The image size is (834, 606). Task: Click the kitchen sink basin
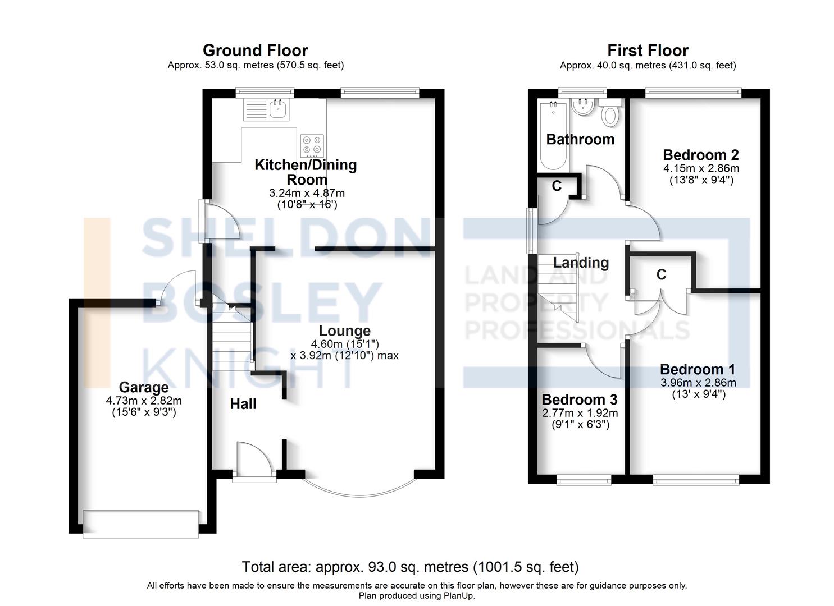pos(278,108)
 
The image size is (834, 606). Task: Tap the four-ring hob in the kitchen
pos(312,145)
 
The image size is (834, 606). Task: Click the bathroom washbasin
pos(583,107)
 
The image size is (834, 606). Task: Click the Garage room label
pos(144,387)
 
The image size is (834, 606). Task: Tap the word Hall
pos(243,404)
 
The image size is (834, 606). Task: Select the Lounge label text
pos(345,330)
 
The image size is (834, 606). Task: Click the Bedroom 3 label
pos(580,400)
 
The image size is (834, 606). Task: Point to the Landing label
pos(581,263)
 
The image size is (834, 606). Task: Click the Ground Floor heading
pos(256,50)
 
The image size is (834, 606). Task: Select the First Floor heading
pos(648,50)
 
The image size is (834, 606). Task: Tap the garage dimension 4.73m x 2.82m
pos(144,401)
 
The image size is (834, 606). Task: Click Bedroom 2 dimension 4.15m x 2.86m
pos(701,168)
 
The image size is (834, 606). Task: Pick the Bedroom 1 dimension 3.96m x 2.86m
pos(699,383)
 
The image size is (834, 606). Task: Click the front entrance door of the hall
pos(254,462)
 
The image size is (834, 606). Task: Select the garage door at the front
pos(141,524)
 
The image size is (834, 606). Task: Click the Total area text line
pos(411,567)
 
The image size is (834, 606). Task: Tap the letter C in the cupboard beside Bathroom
pos(557,186)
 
